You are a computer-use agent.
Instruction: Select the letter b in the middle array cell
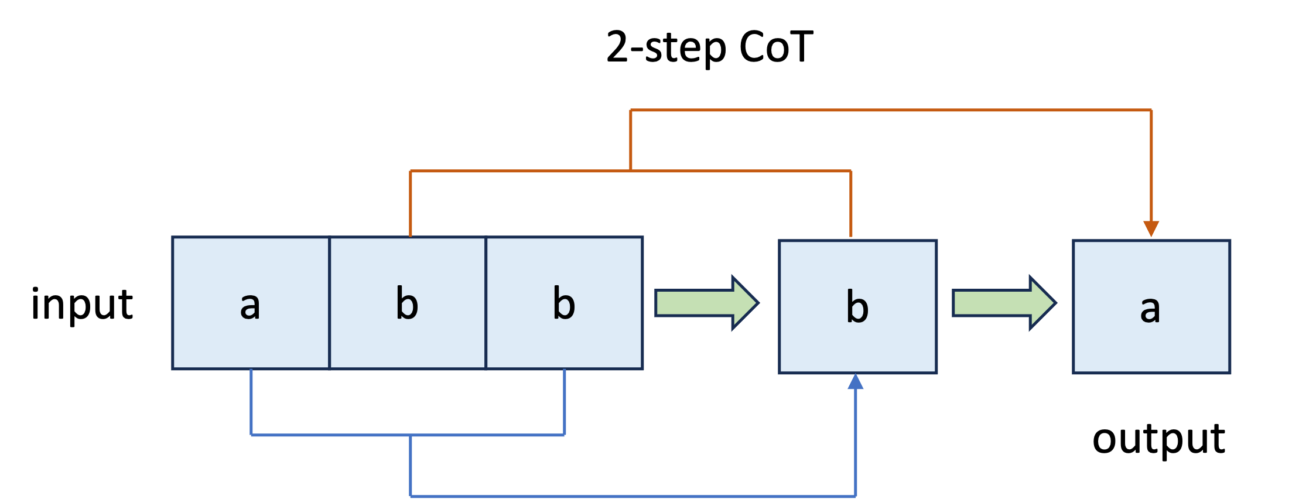(x=407, y=303)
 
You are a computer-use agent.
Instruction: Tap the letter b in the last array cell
(x=564, y=303)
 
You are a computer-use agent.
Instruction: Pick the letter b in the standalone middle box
(x=857, y=307)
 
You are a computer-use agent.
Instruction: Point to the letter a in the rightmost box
(x=1150, y=309)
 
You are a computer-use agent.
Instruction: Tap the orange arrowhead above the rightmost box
(x=1151, y=228)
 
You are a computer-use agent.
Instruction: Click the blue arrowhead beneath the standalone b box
(x=856, y=382)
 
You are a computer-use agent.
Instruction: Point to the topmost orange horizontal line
(x=890, y=110)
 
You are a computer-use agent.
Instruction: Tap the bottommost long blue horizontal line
(x=633, y=497)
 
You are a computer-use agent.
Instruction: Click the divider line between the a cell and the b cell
(x=330, y=303)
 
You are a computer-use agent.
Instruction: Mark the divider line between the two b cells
(x=486, y=303)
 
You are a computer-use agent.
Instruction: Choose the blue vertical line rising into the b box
(x=856, y=445)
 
